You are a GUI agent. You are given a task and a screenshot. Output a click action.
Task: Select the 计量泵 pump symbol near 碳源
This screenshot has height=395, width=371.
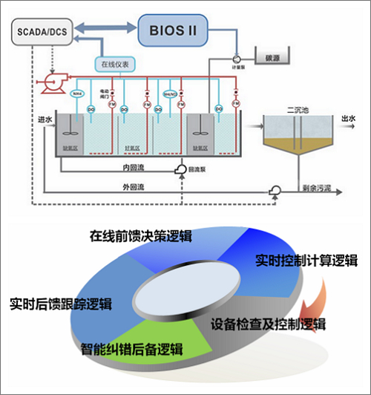[236, 58]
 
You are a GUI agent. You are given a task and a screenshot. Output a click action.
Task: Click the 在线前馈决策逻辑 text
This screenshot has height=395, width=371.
[140, 237]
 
